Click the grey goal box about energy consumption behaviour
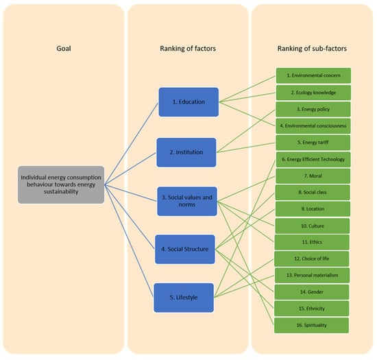pyautogui.click(x=60, y=185)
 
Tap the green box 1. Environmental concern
pyautogui.click(x=313, y=75)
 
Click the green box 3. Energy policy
pyautogui.click(x=313, y=108)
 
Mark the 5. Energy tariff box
pyautogui.click(x=313, y=142)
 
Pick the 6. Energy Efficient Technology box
pyautogui.click(x=313, y=159)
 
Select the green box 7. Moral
pyautogui.click(x=313, y=176)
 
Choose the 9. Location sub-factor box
pyautogui.click(x=313, y=209)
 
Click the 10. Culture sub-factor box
pyautogui.click(x=313, y=225)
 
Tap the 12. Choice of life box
pyautogui.click(x=313, y=259)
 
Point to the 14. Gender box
pyautogui.click(x=313, y=291)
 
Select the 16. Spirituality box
pyautogui.click(x=313, y=324)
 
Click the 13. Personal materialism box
pyautogui.click(x=313, y=275)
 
